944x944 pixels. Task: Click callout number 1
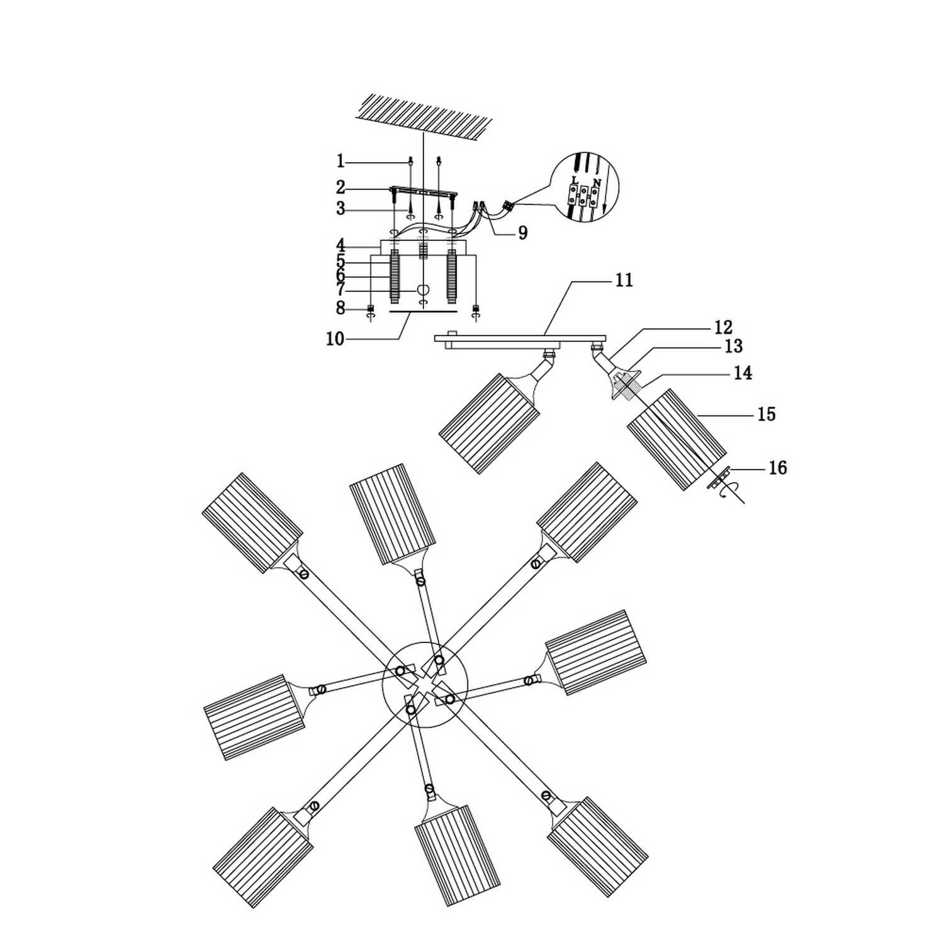tap(340, 162)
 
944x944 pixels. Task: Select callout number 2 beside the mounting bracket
tap(340, 188)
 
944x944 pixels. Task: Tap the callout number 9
tap(522, 233)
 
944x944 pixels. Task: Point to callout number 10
tap(335, 339)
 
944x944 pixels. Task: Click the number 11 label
tap(623, 280)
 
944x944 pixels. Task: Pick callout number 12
tap(724, 327)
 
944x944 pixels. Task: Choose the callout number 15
tap(766, 414)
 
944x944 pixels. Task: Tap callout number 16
tap(778, 468)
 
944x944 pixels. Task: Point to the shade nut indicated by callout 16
tap(719, 476)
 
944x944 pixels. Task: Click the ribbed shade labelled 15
tap(677, 439)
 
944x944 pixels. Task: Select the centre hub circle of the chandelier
tap(425, 684)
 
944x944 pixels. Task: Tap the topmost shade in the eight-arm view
tap(392, 514)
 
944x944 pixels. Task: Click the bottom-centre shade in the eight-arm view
tap(458, 854)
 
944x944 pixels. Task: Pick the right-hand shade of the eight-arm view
tap(595, 652)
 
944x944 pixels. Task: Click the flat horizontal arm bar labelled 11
tap(520, 340)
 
